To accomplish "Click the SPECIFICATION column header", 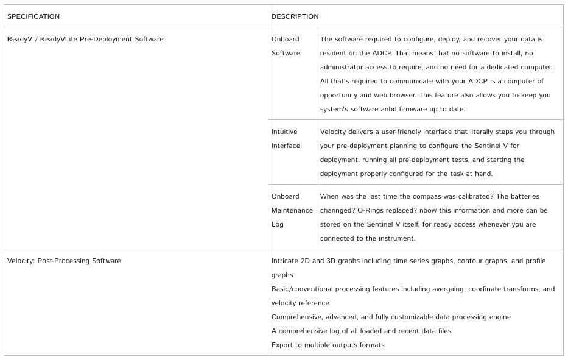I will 33,16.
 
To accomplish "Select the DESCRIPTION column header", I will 295,16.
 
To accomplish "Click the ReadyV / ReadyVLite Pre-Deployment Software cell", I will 85,39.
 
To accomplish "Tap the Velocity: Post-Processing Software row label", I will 64,261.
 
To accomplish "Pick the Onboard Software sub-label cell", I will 286,46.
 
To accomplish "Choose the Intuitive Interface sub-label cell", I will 286,138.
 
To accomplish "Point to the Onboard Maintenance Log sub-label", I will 292,210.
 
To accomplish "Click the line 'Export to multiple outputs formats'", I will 328,345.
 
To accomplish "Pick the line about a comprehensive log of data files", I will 361,331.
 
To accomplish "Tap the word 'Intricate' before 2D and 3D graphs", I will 287,261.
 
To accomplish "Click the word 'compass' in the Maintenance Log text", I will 447,196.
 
